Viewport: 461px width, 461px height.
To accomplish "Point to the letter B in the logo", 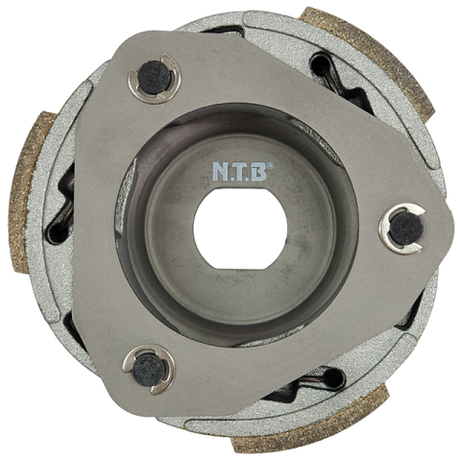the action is click(257, 172).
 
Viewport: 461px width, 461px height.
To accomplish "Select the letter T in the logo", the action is click(238, 172).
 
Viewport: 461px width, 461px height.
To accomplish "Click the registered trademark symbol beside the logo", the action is click(271, 165).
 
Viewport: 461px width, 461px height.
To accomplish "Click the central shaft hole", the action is click(240, 228).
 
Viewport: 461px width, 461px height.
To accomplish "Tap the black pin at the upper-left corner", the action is click(155, 77).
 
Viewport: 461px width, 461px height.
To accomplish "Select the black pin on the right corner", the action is click(406, 229).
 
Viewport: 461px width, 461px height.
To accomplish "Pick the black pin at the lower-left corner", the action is click(149, 370).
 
